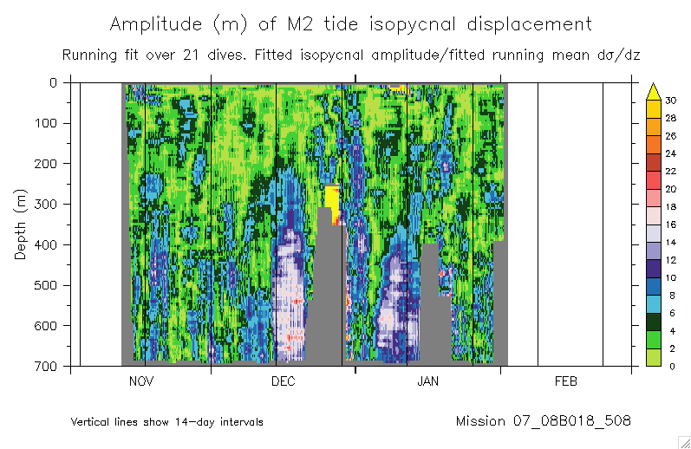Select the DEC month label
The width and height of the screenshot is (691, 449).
(x=284, y=381)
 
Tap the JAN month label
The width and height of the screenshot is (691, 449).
(x=428, y=381)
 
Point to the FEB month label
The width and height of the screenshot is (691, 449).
(x=565, y=381)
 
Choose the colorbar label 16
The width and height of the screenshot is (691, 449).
(x=670, y=224)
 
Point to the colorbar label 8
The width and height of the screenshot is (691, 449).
(x=670, y=296)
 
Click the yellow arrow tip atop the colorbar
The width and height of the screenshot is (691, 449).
(x=655, y=88)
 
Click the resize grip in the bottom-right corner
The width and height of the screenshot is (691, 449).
(x=683, y=441)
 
